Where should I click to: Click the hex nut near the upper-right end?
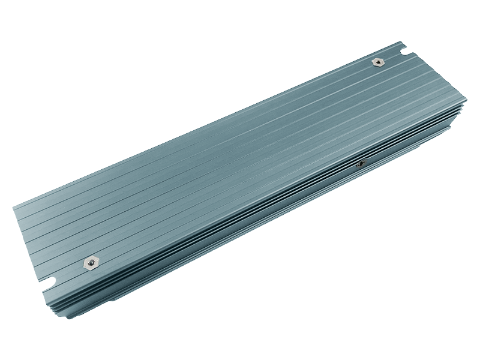click(x=378, y=62)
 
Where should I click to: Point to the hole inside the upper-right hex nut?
click(x=378, y=62)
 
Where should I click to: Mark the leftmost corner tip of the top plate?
click(x=13, y=208)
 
